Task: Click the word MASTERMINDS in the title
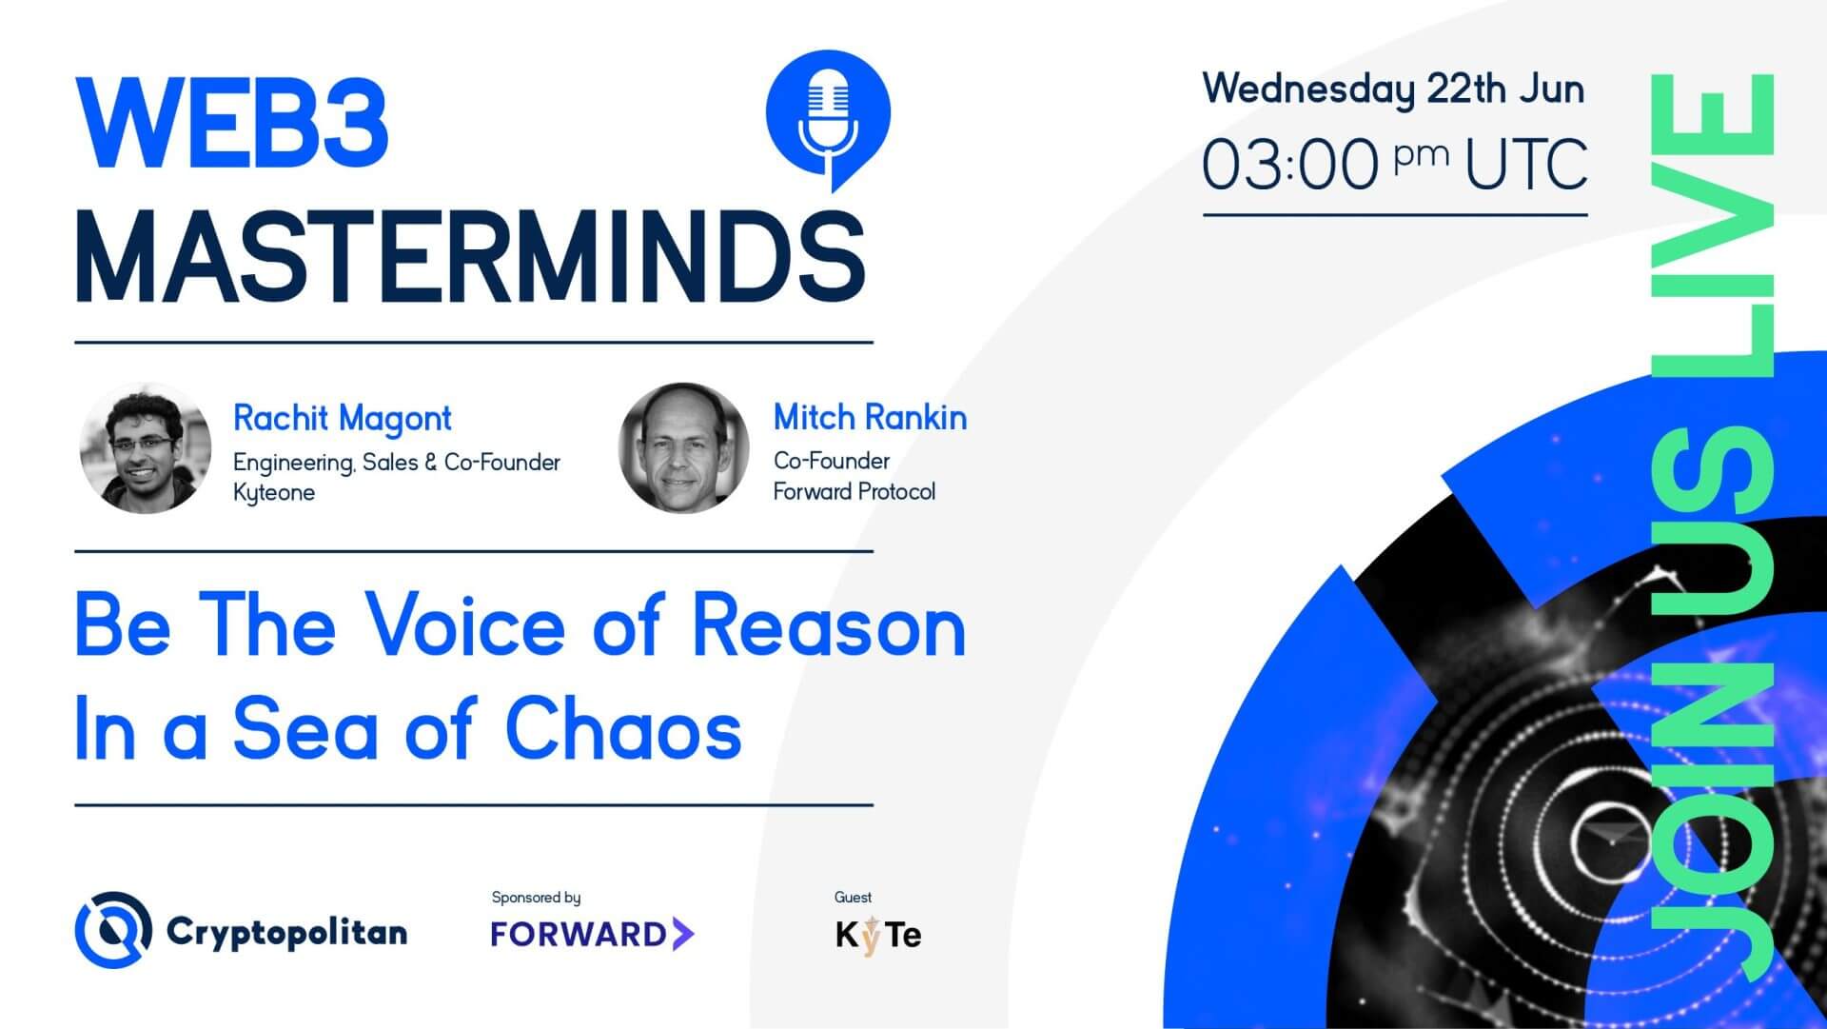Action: click(470, 257)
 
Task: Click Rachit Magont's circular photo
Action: click(145, 448)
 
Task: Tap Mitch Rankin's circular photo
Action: click(683, 448)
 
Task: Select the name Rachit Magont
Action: click(342, 419)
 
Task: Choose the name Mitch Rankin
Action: click(870, 418)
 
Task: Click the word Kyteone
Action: click(274, 493)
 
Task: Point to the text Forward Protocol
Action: click(854, 492)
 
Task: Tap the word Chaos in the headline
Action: click(622, 731)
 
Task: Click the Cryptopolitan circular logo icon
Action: click(113, 930)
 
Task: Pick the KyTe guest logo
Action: click(877, 935)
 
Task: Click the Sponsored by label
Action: click(536, 897)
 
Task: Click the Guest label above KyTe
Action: click(853, 897)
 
